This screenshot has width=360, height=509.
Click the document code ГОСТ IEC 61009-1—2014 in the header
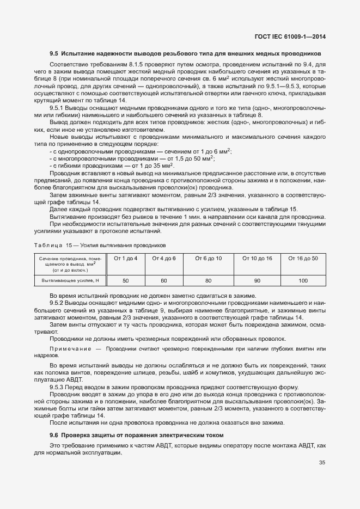coord(294,38)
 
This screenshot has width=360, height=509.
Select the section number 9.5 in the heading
coord(54,54)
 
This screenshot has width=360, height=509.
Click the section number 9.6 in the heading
coord(54,435)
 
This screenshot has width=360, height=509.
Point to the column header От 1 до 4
coord(126,258)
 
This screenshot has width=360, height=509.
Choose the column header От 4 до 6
coord(163,258)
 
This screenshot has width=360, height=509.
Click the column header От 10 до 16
coord(257,258)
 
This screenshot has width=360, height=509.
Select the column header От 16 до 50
coord(303,258)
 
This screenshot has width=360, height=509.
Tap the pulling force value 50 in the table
coord(126,280)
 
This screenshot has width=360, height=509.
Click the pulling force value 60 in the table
coord(163,280)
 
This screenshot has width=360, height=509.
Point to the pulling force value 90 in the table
coord(257,280)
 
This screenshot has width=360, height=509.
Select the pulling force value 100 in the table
coord(303,280)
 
